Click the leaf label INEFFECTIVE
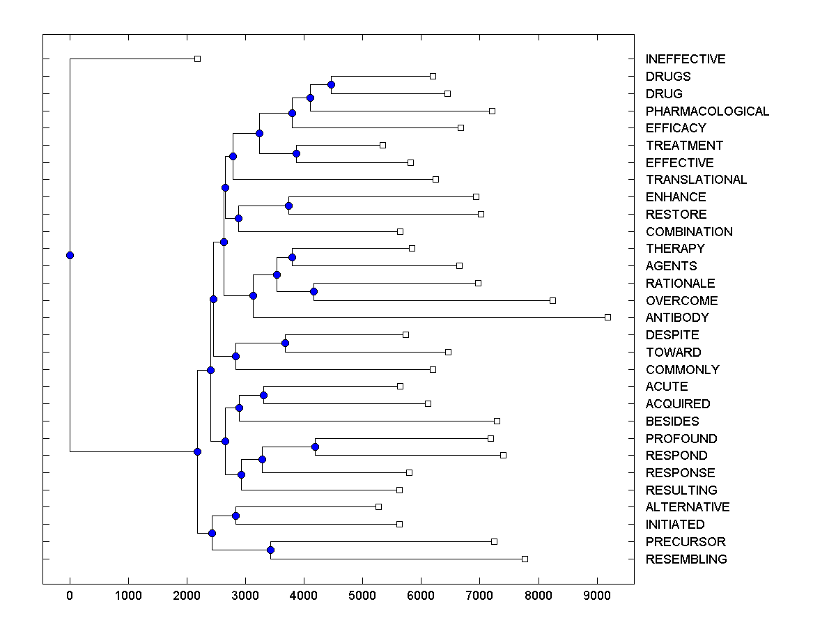coord(686,59)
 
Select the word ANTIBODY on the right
coord(677,318)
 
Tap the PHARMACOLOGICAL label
coord(707,111)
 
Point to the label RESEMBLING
coord(686,559)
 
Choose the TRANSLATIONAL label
coord(696,180)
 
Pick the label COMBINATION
coord(689,232)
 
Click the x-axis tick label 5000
coord(362,594)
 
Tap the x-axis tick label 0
coord(70,594)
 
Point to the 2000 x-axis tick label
coord(186,594)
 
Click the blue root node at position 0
coord(70,255)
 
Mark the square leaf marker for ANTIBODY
coord(607,317)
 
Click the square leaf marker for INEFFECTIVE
coord(197,59)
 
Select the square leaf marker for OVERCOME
coord(552,300)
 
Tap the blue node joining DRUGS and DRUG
coord(331,84)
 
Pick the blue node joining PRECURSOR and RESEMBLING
coord(270,550)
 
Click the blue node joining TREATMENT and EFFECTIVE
coord(296,153)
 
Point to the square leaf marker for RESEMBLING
coord(525,559)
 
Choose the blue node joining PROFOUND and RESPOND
coord(315,447)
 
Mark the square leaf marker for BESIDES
coord(497,421)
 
